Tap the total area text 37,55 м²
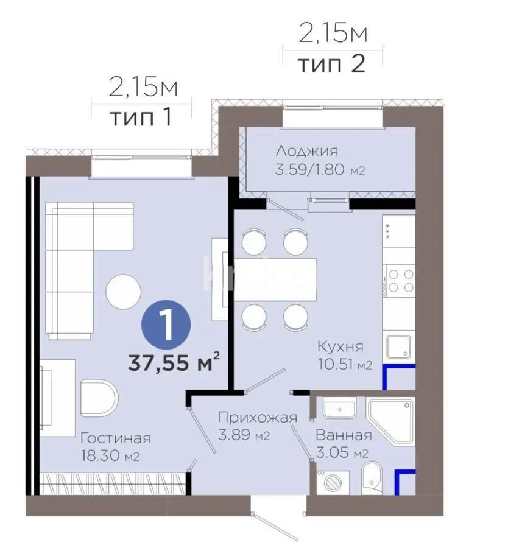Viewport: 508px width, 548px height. pos(174,364)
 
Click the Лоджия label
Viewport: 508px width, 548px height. pos(306,151)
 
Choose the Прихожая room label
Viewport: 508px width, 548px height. pos(258,418)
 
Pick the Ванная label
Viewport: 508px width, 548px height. pos(344,435)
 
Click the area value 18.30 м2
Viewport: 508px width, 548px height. pos(107,457)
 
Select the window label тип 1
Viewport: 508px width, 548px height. pos(140,117)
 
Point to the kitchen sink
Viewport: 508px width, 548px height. pos(400,348)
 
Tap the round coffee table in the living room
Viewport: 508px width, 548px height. pos(124,291)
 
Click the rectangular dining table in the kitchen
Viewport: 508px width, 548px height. pos(276,279)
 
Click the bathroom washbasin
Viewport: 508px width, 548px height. pos(339,408)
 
